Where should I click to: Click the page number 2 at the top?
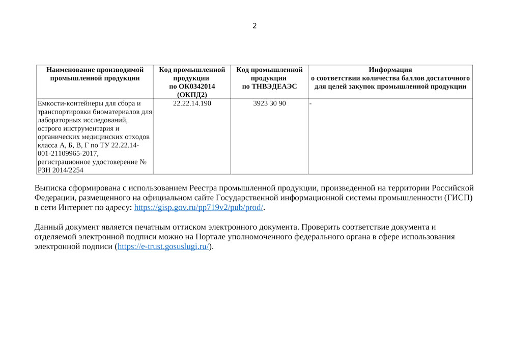pos(254,26)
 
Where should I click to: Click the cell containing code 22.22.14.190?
pos(192,103)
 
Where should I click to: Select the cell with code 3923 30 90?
pos(269,103)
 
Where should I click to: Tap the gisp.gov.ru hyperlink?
pos(199,208)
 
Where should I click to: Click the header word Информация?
pos(390,70)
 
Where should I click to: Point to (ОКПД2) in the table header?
pos(192,94)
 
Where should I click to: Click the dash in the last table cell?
pos(310,104)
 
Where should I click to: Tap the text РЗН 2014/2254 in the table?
pos(61,170)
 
